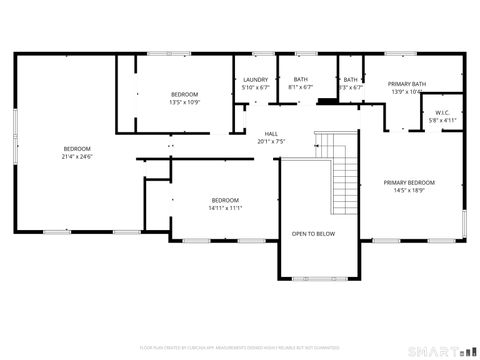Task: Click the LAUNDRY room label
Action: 256,80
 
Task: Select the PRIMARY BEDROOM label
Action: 410,182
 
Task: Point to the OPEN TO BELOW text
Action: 313,234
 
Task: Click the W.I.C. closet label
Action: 442,112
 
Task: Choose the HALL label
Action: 271,133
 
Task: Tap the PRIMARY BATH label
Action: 407,84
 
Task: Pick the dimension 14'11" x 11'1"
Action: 225,207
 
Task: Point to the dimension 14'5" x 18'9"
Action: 410,190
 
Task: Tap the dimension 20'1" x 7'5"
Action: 271,141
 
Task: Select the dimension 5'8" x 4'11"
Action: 442,120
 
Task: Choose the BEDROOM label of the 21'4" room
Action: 77,149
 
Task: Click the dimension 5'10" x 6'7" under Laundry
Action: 256,88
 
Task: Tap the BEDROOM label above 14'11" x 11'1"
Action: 225,199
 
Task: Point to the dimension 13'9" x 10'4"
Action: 407,92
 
